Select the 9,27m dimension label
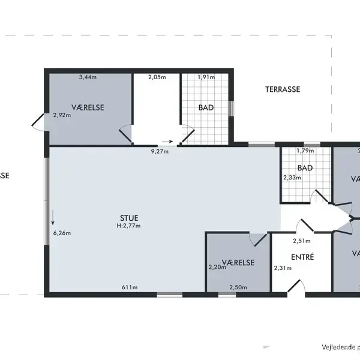159,151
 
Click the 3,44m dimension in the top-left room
88,77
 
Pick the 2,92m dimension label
62,115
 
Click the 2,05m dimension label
157,77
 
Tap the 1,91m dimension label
206,77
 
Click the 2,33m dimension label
292,177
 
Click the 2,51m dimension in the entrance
301,241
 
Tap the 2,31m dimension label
282,268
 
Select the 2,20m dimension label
217,267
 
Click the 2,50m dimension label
237,287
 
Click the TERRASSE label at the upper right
283,89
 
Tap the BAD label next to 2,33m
305,168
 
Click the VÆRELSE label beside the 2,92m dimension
88,107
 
